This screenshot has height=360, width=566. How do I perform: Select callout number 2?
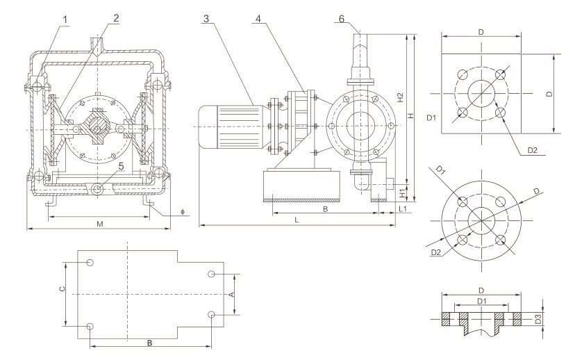[x=116, y=18]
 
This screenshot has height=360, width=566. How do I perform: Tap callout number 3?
[x=207, y=19]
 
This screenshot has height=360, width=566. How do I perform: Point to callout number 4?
[x=258, y=19]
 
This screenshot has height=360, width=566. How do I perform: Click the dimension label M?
[x=100, y=224]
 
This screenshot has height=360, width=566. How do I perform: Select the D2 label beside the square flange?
[x=533, y=150]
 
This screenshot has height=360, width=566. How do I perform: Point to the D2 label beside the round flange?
[x=435, y=252]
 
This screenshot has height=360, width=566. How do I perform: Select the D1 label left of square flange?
[x=430, y=118]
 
